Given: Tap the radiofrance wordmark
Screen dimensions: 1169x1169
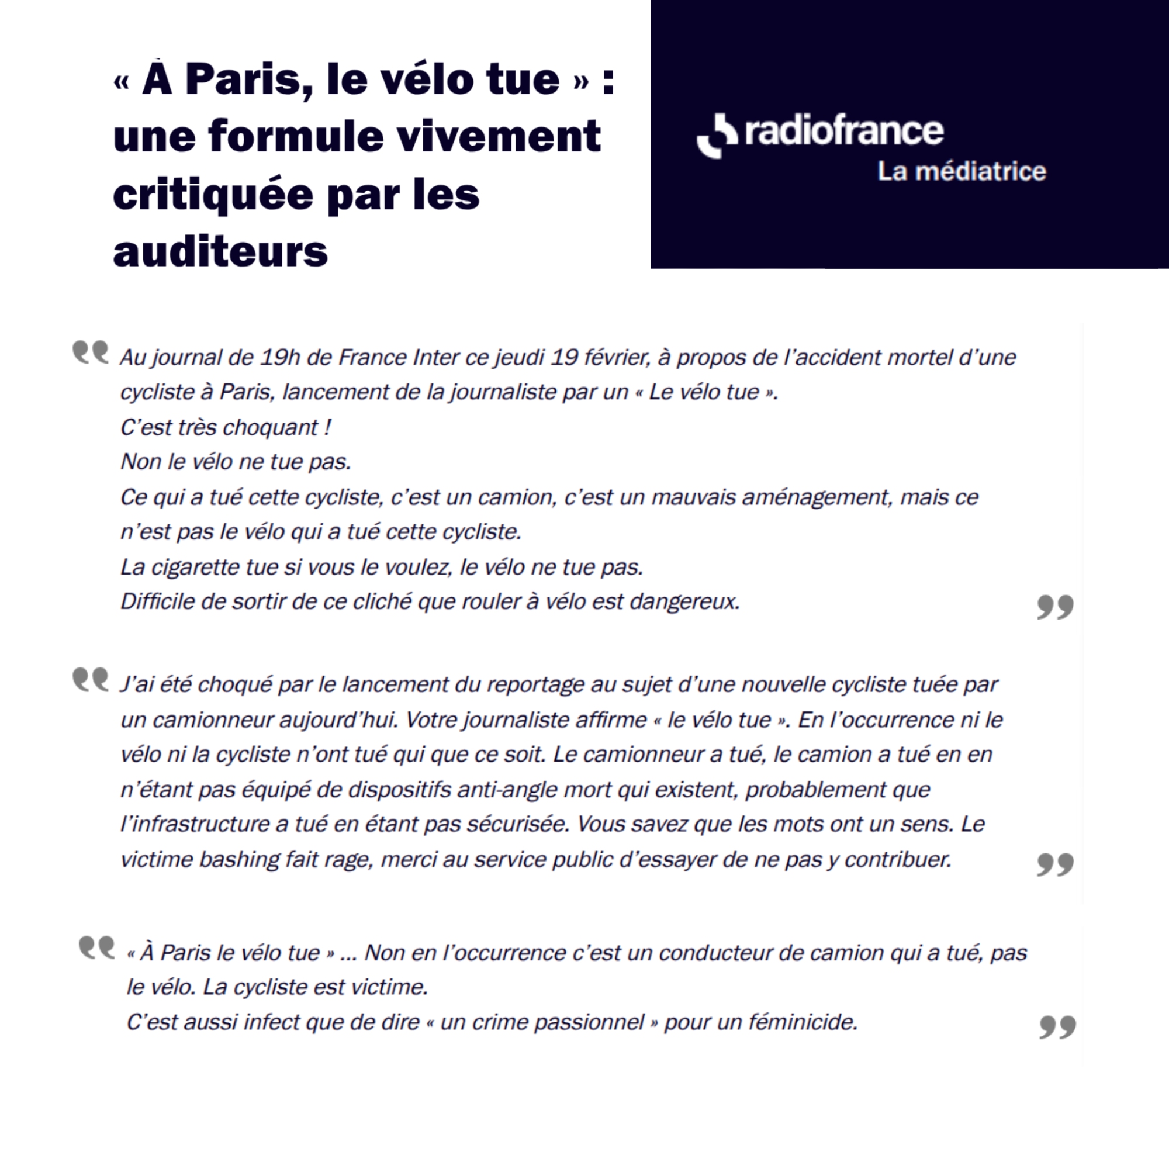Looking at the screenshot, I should coord(844,131).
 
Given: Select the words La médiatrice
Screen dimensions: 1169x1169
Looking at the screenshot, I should coord(962,171).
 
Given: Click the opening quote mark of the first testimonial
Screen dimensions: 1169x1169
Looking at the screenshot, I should coord(90,351).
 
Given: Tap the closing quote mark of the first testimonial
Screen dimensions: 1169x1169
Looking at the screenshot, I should coord(1055,606).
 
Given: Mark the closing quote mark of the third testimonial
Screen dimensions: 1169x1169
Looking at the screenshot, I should coord(1057,1027).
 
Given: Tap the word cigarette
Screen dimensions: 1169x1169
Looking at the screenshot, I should coord(195,568).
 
